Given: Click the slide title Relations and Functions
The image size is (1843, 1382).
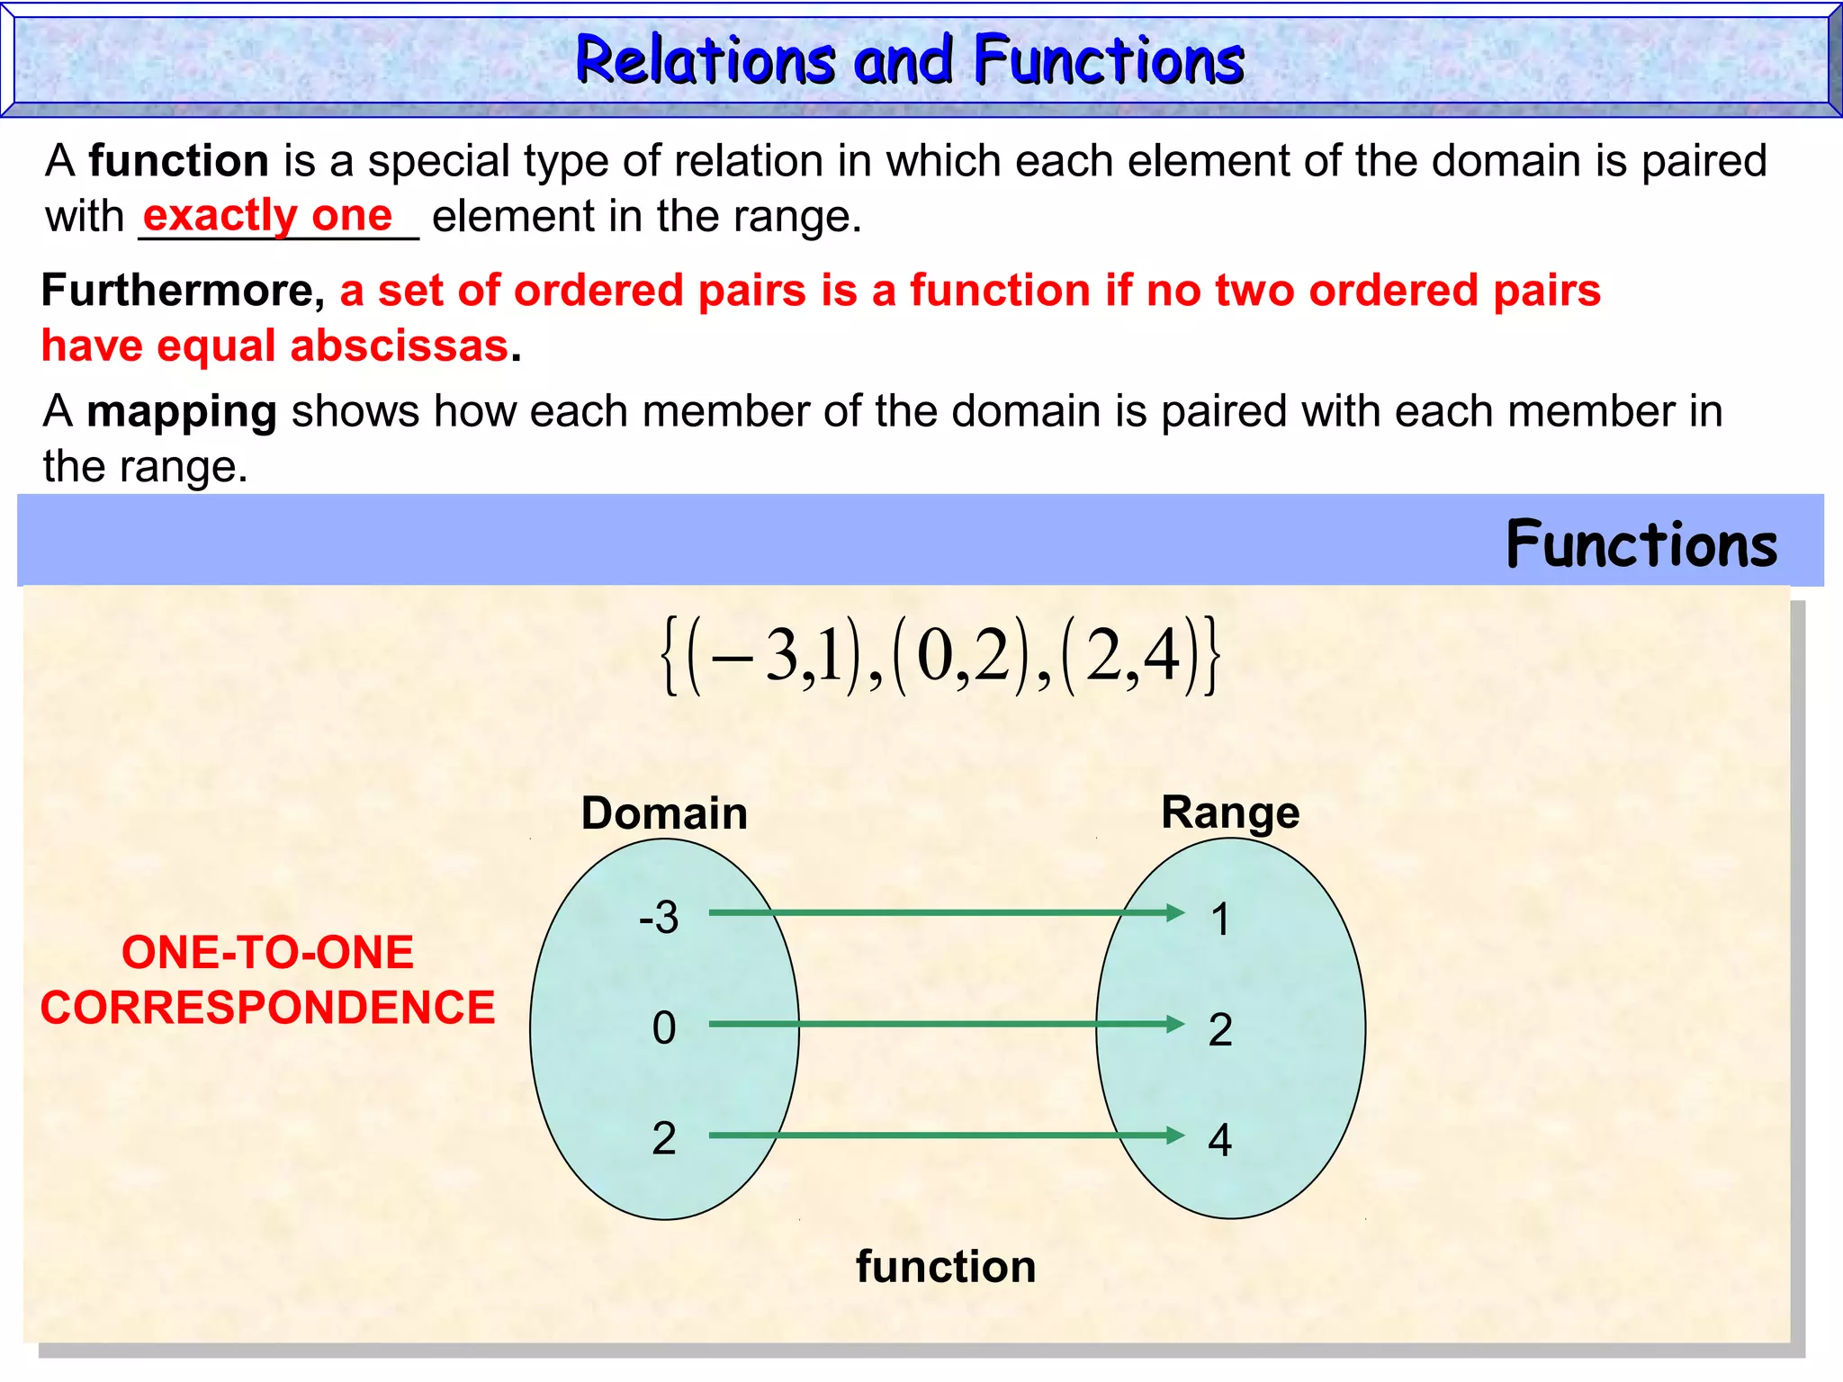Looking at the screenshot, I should tap(909, 60).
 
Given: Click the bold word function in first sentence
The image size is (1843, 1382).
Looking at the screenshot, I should tap(178, 162).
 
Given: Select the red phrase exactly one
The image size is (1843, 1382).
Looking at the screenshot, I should tap(267, 216).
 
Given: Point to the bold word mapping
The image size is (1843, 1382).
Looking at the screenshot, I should tap(182, 412).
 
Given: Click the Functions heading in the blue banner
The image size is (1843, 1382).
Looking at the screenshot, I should tap(1641, 544).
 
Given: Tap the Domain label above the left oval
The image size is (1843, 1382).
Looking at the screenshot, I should tap(664, 813).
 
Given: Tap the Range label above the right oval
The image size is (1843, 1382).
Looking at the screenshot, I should tap(1230, 812).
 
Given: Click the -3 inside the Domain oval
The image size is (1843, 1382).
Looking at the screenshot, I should tap(659, 918).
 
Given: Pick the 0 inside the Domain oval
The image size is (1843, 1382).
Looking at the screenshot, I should tap(664, 1028).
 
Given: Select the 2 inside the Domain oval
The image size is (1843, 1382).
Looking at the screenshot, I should tap(664, 1138).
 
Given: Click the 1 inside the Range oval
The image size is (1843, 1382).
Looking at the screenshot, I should tap(1220, 920).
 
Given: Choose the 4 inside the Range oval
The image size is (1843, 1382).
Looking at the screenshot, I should tap(1219, 1140).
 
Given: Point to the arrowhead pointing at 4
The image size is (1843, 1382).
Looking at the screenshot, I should tap(1175, 1135).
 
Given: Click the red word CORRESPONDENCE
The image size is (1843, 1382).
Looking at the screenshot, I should tap(267, 1008).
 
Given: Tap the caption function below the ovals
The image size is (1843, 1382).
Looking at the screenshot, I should tap(946, 1267).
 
